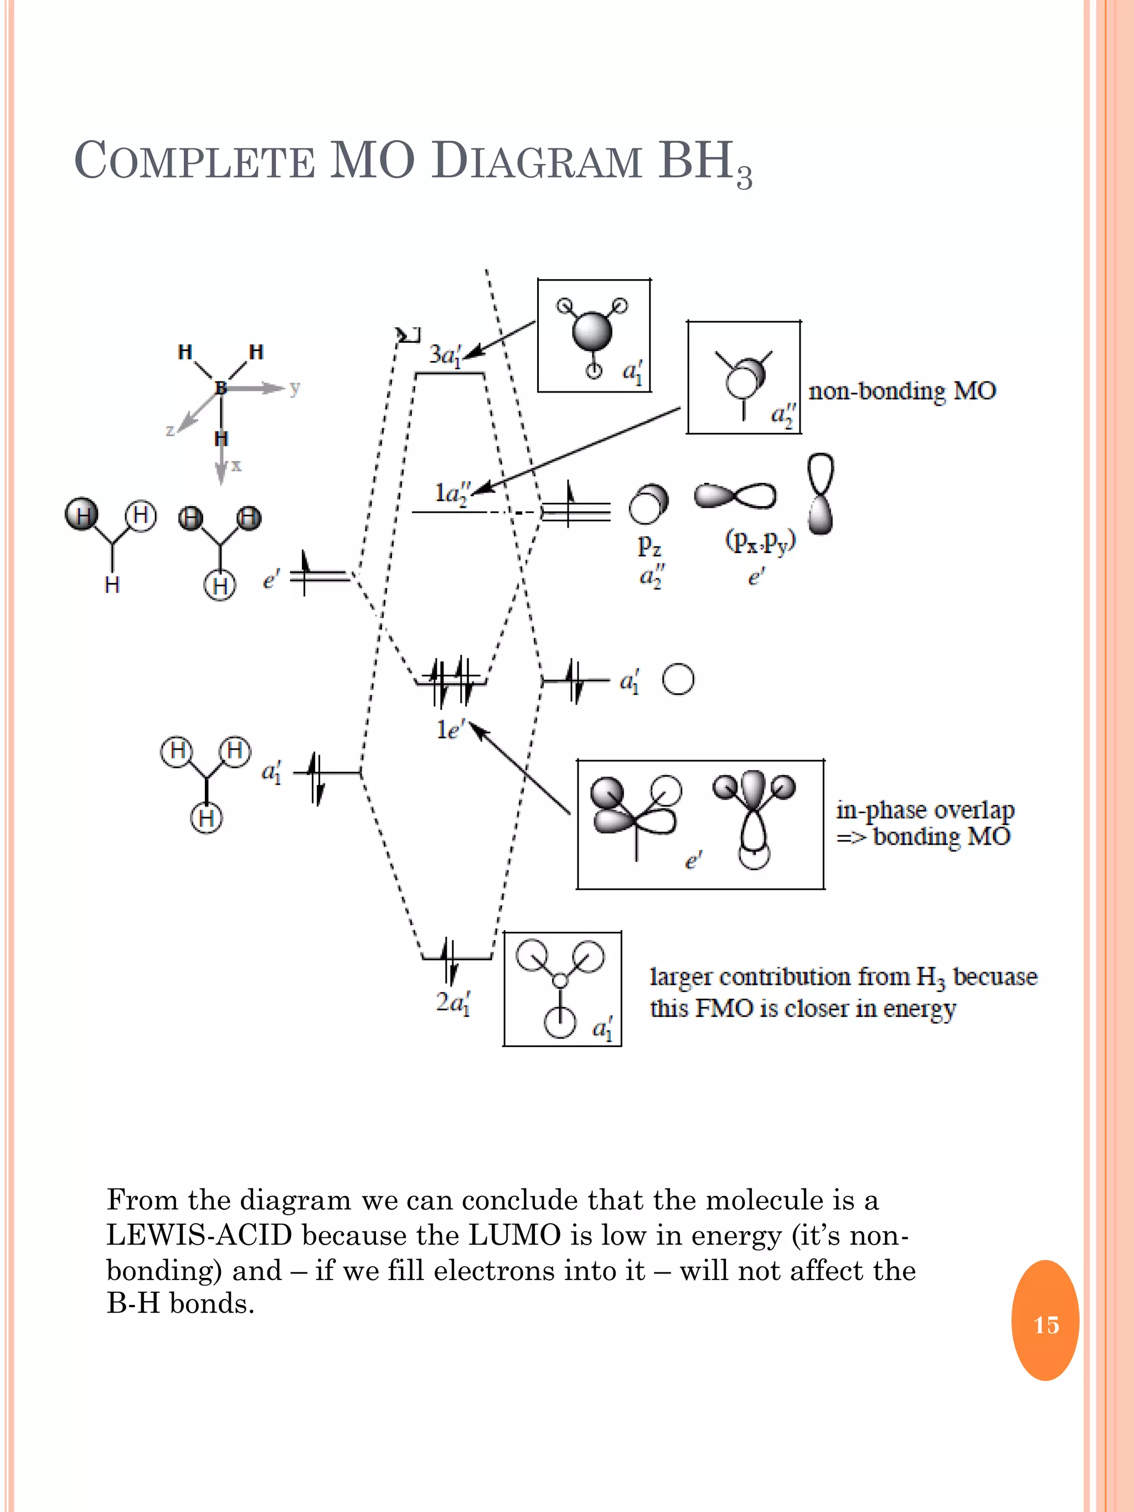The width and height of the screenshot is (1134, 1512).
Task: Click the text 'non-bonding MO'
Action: coord(901,391)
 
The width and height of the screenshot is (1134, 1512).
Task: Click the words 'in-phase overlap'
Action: coord(924,810)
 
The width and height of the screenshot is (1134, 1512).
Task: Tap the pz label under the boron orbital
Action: coord(650,545)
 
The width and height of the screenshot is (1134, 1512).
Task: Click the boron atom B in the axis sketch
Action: coord(220,388)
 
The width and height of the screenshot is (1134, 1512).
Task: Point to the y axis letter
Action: coord(295,388)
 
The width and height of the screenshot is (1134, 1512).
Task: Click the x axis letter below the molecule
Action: coord(236,466)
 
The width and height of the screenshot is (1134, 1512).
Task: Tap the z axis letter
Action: coord(170,430)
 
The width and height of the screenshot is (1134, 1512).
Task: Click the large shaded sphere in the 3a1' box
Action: coord(591,332)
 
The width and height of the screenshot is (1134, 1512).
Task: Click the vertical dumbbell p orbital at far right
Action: coord(820,493)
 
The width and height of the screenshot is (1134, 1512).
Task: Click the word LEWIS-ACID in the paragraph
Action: coord(199,1235)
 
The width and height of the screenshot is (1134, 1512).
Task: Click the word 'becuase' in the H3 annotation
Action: coord(994,976)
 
